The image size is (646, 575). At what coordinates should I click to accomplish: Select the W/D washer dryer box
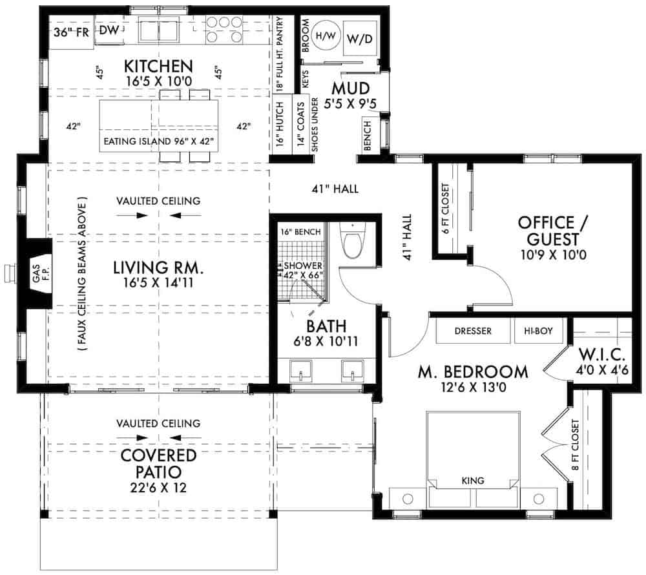(x=360, y=39)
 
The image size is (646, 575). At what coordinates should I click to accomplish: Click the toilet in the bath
(x=352, y=243)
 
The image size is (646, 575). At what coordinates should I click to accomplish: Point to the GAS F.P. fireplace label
(x=36, y=281)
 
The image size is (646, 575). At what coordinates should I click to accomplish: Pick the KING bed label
(x=474, y=481)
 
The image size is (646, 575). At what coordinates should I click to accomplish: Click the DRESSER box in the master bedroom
(x=473, y=331)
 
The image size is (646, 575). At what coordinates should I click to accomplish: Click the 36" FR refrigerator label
(x=70, y=32)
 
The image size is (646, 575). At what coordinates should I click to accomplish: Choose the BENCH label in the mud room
(x=368, y=136)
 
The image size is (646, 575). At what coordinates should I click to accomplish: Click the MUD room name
(x=351, y=88)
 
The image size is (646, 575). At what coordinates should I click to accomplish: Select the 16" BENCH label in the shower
(x=297, y=231)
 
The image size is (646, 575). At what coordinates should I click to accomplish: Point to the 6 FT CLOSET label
(x=446, y=208)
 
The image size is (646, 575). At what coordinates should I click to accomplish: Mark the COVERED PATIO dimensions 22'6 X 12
(x=158, y=488)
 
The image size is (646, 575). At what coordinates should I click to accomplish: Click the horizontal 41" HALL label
(x=333, y=189)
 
